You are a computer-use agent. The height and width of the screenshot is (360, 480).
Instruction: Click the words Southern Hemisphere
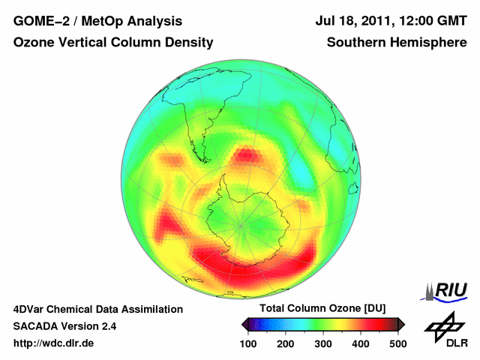397,43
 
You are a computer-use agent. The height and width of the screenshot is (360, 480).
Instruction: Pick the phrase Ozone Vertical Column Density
113,43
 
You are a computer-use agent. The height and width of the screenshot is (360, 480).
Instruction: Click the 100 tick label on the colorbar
248,343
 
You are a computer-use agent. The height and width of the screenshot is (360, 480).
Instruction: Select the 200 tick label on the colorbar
286,343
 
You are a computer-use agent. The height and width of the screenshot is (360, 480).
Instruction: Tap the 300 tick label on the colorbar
323,343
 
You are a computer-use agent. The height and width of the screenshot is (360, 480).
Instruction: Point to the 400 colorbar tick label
361,343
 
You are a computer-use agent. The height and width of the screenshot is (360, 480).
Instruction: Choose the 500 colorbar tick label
397,343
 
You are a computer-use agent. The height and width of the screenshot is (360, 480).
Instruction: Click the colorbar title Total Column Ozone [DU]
322,309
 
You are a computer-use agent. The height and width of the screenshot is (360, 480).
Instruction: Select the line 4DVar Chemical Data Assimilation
98,309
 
